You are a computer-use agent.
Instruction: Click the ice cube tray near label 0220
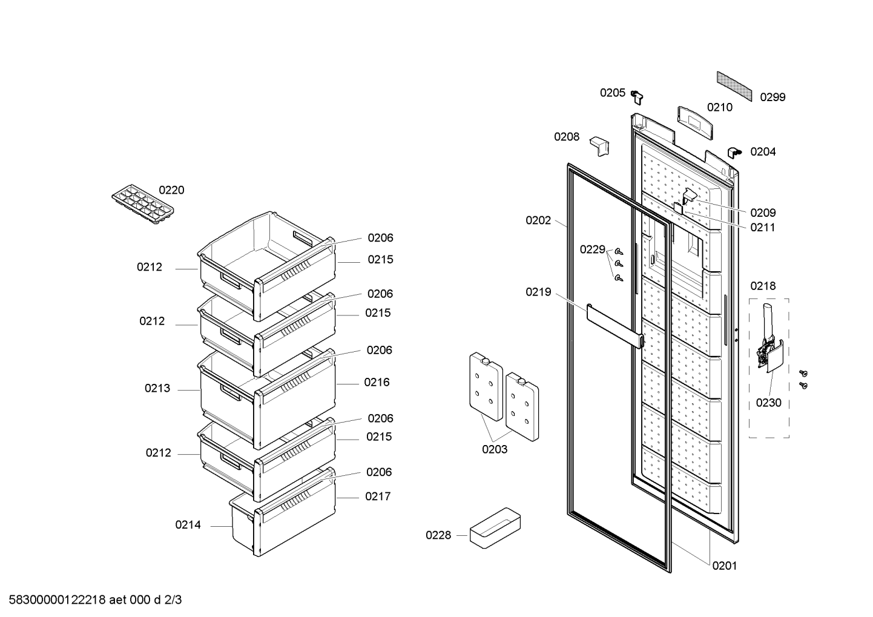[x=143, y=205]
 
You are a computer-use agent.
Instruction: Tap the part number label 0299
[x=773, y=97]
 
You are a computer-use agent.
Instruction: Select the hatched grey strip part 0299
[x=734, y=86]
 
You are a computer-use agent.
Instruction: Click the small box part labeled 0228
[x=495, y=528]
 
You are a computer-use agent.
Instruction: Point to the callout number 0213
[x=157, y=388]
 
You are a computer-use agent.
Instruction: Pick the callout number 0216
[x=377, y=382]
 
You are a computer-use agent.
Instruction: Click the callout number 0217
[x=378, y=497]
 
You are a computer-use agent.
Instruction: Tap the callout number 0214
[x=188, y=525]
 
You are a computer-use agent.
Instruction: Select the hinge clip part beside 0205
[x=637, y=97]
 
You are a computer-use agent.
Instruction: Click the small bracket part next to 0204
[x=734, y=153]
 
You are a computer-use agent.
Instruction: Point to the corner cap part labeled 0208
[x=599, y=146]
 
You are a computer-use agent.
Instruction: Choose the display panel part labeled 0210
[x=695, y=122]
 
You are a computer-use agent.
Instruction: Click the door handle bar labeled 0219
[x=615, y=326]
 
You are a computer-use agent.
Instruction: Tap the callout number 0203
[x=495, y=449]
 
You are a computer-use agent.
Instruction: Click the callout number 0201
[x=725, y=566]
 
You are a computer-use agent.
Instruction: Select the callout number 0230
[x=769, y=403]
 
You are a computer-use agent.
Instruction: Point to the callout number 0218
[x=763, y=286]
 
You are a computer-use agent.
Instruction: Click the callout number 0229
[x=593, y=249]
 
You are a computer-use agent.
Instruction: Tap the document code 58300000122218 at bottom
[x=58, y=600]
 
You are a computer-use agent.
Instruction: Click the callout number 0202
[x=539, y=220]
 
